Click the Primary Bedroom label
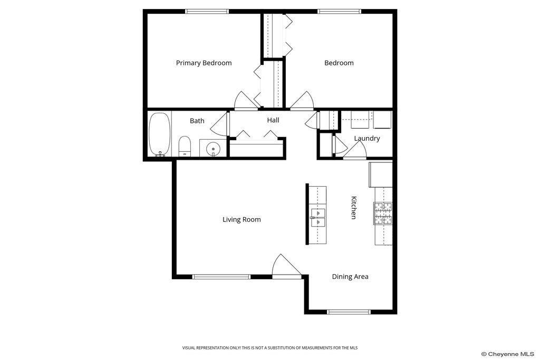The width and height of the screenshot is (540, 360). [x=204, y=63]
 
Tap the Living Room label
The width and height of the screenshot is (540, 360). [x=242, y=220]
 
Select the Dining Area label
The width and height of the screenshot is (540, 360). [x=350, y=277]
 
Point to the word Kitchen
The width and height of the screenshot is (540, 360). [x=354, y=208]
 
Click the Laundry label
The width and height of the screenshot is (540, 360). [x=367, y=138]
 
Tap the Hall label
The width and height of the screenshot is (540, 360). [x=273, y=120]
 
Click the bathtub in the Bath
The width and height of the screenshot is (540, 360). [x=159, y=134]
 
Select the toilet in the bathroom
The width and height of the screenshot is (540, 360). [x=185, y=147]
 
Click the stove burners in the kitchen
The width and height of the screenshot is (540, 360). [x=383, y=213]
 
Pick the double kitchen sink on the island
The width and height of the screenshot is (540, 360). [x=318, y=218]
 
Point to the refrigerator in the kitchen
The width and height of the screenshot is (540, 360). [x=381, y=174]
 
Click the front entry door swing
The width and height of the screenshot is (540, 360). [x=286, y=266]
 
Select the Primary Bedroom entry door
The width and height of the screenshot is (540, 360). [x=246, y=101]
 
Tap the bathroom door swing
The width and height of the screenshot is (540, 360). [x=219, y=123]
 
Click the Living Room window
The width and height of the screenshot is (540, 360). [x=221, y=277]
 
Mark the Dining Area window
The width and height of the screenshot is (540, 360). [x=349, y=312]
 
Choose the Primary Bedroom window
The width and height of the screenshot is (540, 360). [x=207, y=12]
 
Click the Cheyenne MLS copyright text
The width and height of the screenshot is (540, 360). [x=508, y=354]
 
